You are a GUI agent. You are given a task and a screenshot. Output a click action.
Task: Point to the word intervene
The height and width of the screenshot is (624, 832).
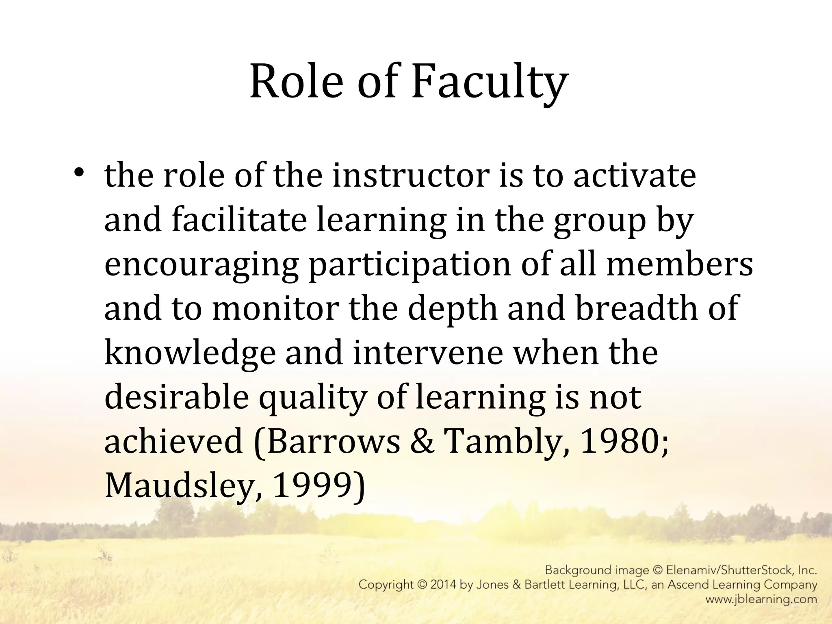coord(428,352)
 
